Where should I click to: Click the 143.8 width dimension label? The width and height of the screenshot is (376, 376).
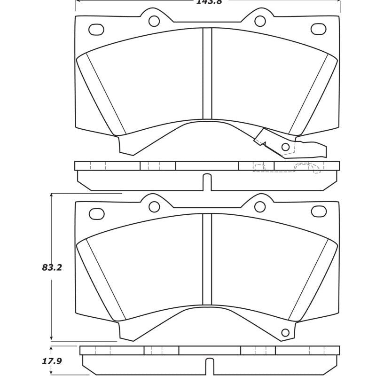207,2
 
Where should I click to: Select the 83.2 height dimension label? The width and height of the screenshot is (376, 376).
52,268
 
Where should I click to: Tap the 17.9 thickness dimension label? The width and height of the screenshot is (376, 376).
52,361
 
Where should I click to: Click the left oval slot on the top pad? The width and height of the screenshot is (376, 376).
96,29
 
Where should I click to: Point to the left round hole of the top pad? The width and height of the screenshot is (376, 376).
153,21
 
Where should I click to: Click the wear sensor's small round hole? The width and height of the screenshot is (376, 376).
285,148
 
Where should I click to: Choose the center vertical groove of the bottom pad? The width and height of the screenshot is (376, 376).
207,263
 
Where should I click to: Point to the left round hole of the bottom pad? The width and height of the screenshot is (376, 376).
153,206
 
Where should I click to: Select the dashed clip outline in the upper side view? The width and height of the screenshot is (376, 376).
306,167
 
